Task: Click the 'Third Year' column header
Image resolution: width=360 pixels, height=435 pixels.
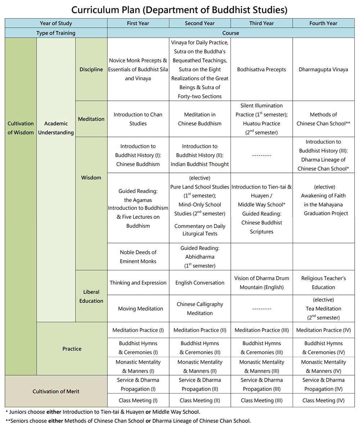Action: (x=261, y=23)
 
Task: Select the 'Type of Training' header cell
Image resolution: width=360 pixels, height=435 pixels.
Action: (x=56, y=33)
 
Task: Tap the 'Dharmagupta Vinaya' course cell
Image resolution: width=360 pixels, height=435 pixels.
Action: (x=323, y=69)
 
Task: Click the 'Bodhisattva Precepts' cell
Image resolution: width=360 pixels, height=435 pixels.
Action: (x=261, y=69)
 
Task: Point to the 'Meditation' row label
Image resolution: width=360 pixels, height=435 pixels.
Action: (x=91, y=119)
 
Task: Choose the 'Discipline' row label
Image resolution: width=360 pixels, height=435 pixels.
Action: (x=91, y=69)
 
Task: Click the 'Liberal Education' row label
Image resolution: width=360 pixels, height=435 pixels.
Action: (x=91, y=296)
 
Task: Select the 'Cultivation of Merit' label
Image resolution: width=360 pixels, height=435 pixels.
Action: (x=56, y=391)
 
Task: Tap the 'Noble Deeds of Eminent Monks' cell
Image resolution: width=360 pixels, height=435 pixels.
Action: (x=138, y=257)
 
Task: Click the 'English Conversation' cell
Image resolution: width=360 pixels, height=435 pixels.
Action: (x=200, y=283)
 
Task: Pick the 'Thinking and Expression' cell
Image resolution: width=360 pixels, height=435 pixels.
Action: (x=138, y=283)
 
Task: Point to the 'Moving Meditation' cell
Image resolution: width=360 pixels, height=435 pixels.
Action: (x=140, y=309)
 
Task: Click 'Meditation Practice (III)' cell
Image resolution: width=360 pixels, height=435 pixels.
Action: (x=262, y=330)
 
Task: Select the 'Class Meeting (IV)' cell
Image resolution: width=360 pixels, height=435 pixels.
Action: (x=323, y=400)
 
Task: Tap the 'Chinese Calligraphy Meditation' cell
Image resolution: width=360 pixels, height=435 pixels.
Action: (x=200, y=309)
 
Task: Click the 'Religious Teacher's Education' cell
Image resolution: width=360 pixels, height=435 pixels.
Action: (x=323, y=283)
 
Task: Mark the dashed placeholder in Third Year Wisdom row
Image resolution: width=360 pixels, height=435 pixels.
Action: (x=261, y=156)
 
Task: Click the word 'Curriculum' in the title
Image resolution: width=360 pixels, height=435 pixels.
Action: (x=95, y=10)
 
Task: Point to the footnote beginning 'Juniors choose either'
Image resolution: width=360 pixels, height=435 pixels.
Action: (x=103, y=412)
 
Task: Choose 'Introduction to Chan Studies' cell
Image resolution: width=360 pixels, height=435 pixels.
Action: (x=138, y=119)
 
